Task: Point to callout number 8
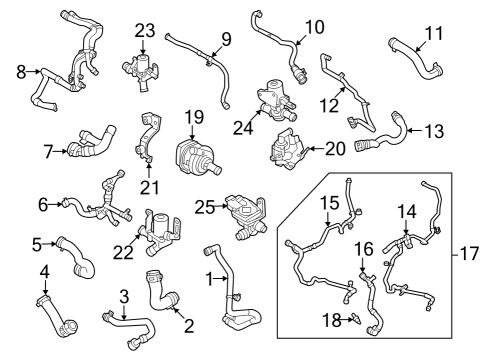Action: (22, 71)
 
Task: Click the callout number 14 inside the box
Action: (406, 211)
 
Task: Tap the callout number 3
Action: (123, 296)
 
